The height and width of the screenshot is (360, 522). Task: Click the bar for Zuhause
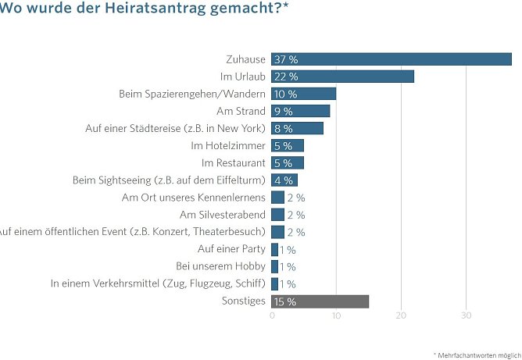click(391, 59)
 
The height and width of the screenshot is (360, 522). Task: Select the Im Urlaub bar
click(342, 77)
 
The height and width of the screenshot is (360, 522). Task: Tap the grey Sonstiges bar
click(320, 301)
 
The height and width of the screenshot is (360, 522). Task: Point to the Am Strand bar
click(301, 111)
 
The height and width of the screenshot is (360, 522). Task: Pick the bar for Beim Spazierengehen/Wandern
click(303, 94)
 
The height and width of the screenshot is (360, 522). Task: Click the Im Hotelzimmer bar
click(288, 145)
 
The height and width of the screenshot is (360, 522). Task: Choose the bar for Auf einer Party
click(275, 249)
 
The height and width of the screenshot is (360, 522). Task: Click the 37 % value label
click(286, 59)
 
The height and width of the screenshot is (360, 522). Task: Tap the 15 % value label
click(286, 301)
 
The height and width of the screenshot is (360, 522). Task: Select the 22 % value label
click(286, 77)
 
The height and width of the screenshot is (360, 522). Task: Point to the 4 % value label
click(283, 180)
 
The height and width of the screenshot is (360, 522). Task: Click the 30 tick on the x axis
click(466, 315)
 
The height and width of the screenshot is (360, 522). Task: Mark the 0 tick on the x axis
click(272, 315)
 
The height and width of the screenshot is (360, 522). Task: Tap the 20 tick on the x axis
click(402, 315)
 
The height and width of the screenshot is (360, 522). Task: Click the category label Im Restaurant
click(234, 162)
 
